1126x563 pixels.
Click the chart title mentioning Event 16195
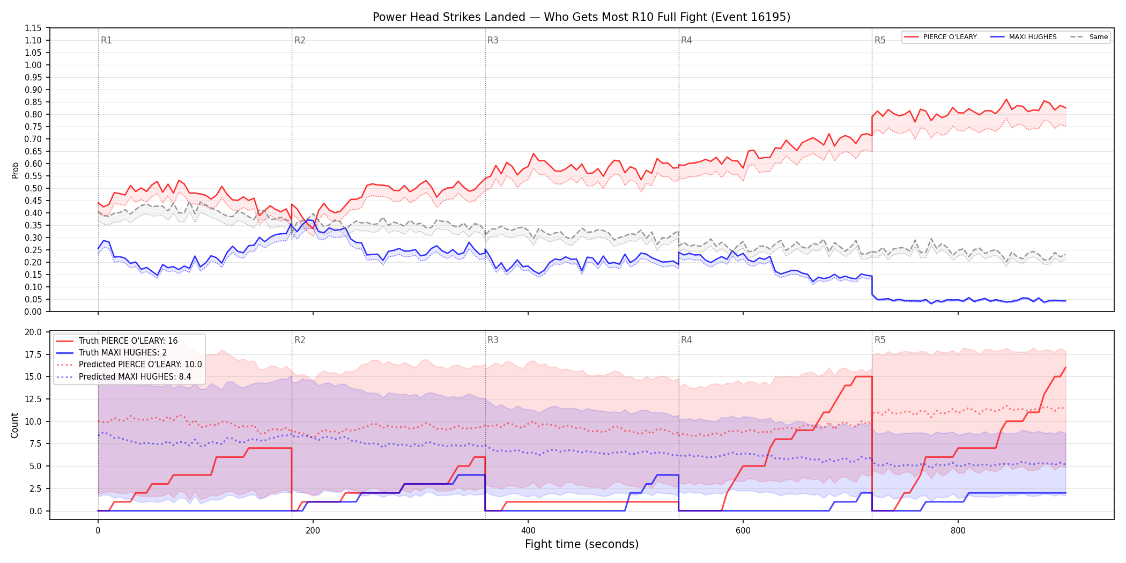point(581,17)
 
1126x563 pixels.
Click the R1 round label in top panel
point(106,40)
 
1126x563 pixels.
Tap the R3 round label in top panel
point(493,40)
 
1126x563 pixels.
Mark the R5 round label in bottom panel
point(880,340)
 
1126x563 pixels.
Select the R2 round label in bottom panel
point(300,340)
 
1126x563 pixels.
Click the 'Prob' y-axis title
point(15,170)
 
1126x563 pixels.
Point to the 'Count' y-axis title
point(14,425)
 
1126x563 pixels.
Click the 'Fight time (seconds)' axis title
point(582,544)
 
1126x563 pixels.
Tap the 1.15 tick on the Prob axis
point(33,28)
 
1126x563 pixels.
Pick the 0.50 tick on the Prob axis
point(33,188)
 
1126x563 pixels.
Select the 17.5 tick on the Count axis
point(33,354)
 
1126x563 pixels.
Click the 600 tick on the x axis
point(743,531)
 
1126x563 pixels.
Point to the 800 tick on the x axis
point(958,531)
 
